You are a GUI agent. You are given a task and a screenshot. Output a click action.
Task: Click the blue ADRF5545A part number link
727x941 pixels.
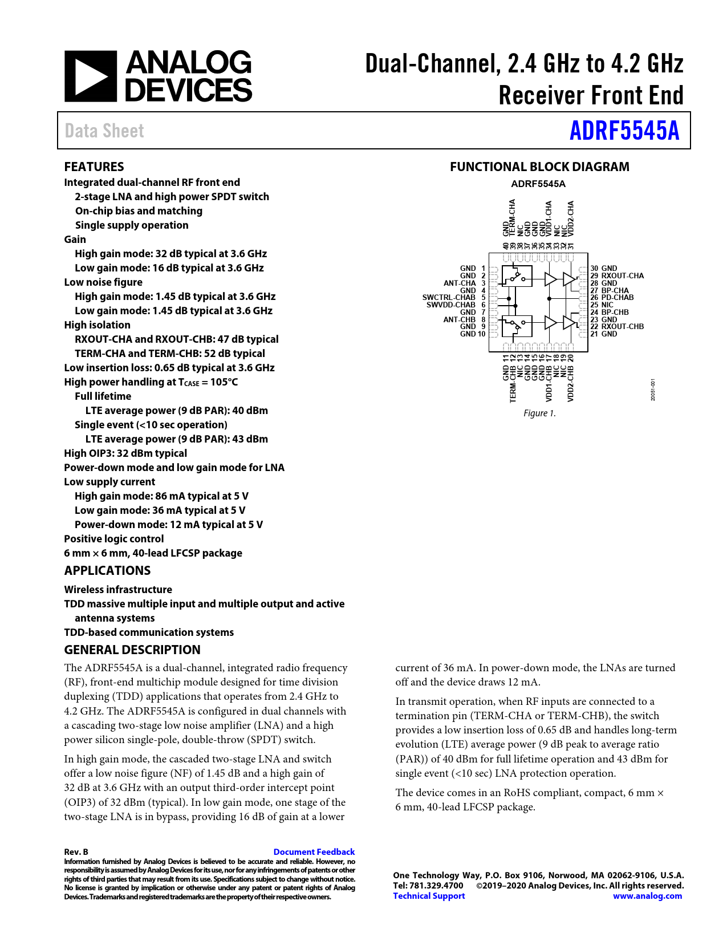point(624,131)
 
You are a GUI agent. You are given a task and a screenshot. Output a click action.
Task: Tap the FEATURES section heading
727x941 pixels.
point(94,167)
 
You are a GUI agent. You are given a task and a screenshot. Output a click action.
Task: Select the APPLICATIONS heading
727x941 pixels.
point(107,570)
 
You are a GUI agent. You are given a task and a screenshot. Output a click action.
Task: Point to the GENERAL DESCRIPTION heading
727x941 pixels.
point(132,650)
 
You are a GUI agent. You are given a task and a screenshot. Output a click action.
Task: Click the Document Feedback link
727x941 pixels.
point(314,851)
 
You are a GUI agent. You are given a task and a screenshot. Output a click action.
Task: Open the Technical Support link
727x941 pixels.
point(429,895)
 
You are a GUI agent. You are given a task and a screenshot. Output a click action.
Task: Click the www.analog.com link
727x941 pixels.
point(647,895)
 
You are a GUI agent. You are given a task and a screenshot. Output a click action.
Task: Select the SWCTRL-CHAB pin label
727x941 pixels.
point(449,297)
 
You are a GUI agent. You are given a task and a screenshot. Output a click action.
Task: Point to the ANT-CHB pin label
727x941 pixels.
point(460,319)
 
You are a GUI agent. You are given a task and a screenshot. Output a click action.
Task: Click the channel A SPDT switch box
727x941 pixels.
point(517,278)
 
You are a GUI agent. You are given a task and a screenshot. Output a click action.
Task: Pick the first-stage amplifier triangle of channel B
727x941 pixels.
point(550,323)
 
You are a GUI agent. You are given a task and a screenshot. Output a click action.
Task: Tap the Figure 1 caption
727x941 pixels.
point(539,413)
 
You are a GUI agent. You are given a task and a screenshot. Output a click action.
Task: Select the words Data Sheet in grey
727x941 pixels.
point(104,131)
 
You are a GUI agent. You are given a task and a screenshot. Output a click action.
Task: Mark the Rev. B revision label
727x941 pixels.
point(76,851)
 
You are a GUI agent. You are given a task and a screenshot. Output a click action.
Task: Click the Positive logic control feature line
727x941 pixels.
point(114,538)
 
